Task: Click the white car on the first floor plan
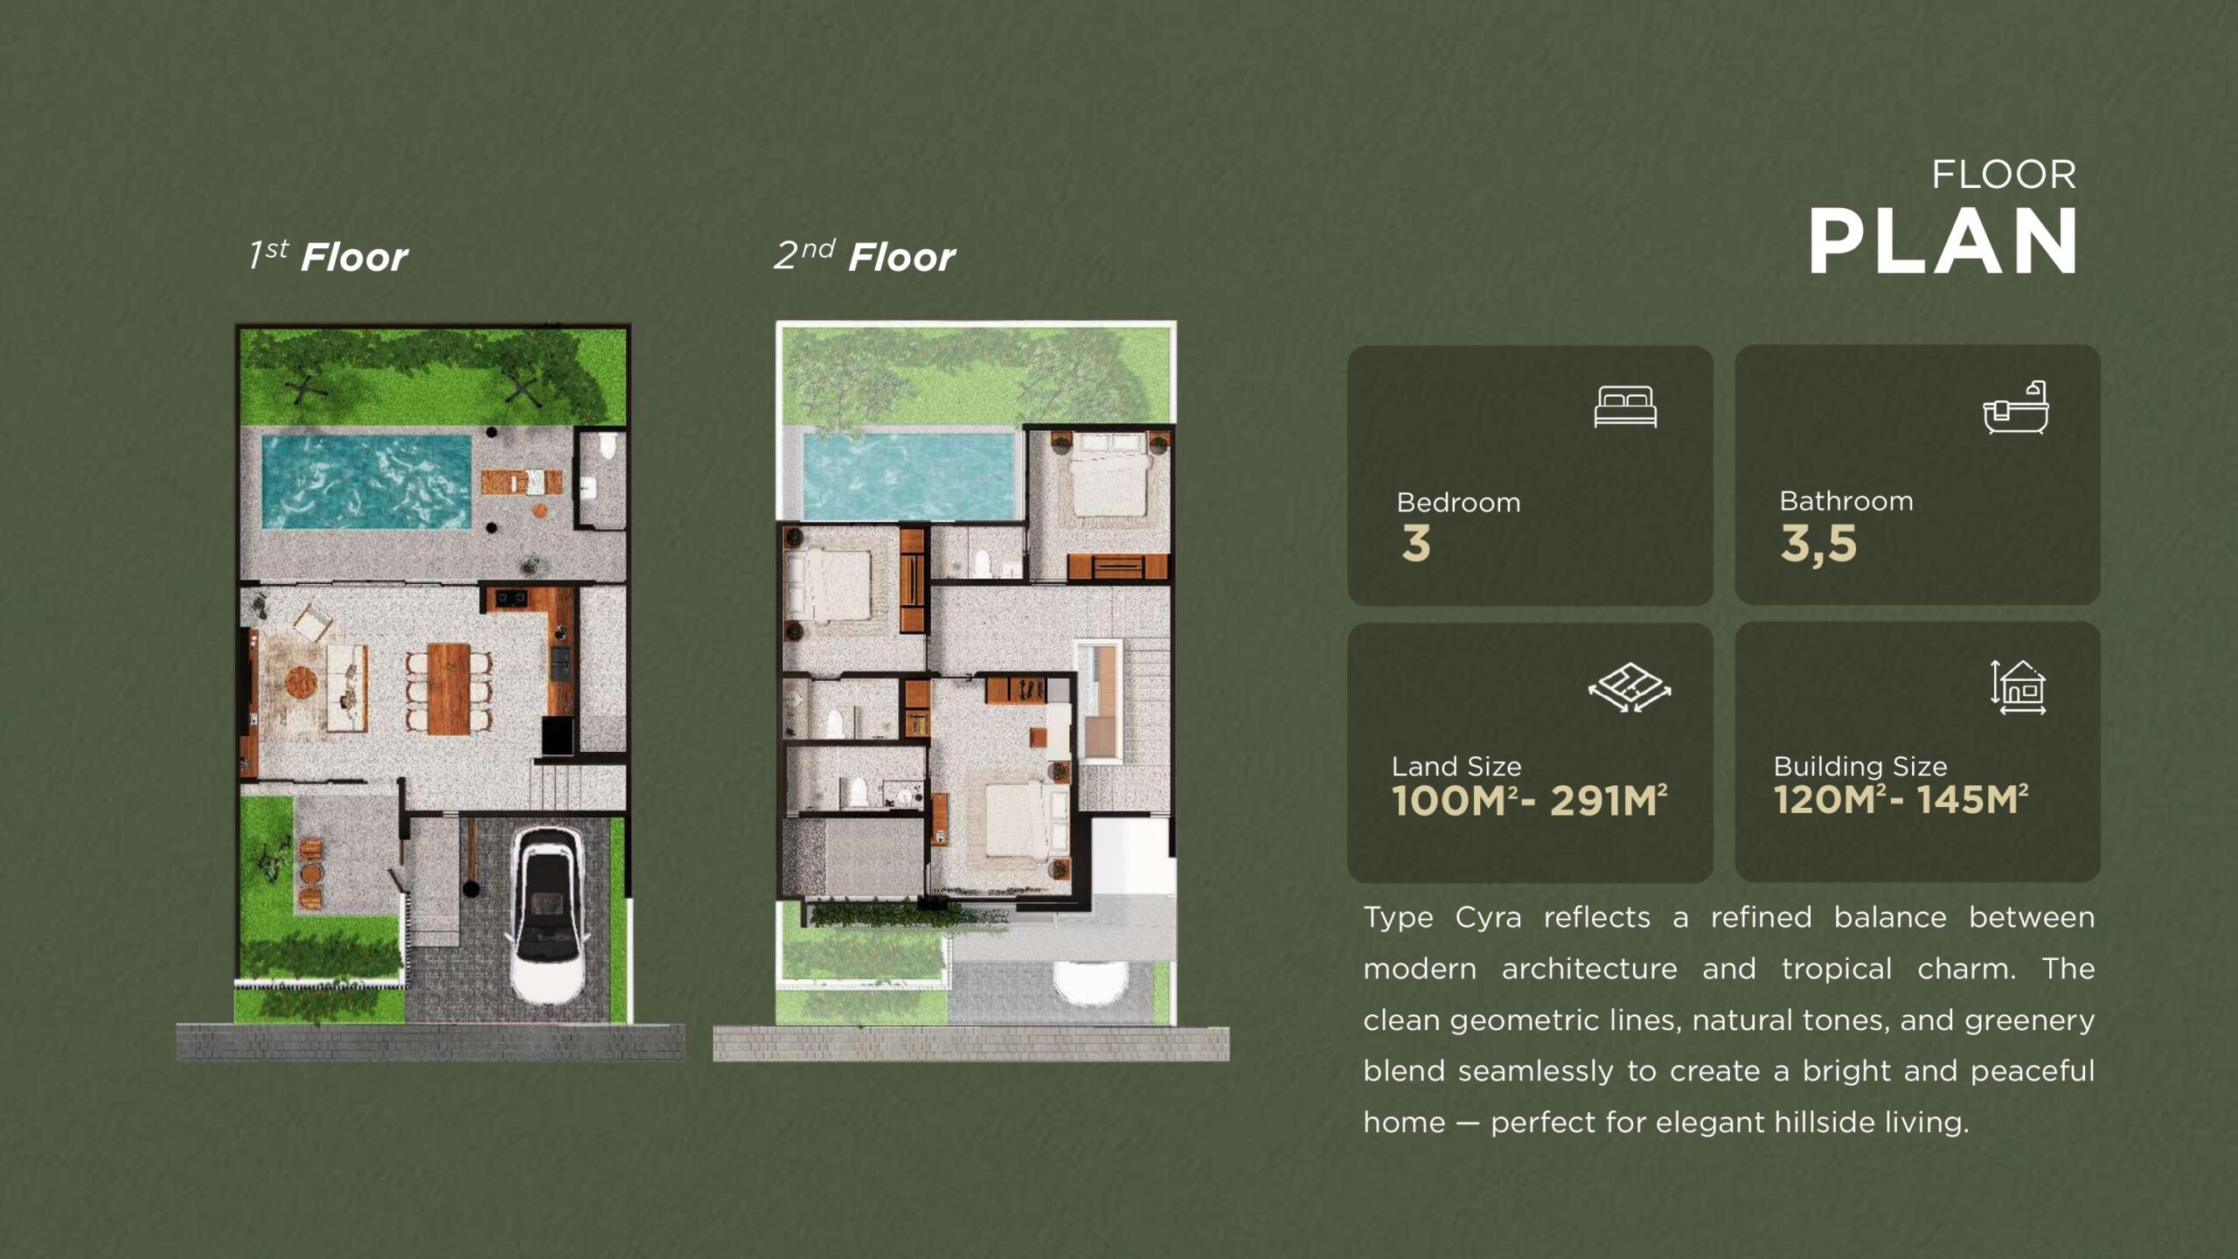click(x=548, y=915)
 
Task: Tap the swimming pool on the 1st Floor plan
click(x=366, y=482)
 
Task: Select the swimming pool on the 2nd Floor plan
click(x=910, y=476)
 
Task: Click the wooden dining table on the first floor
click(x=449, y=688)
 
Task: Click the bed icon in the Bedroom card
click(x=1625, y=407)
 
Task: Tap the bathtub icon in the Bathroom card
click(x=2015, y=407)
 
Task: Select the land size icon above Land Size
click(x=1630, y=688)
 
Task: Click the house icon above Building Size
click(x=2019, y=687)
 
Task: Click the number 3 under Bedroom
click(x=1416, y=544)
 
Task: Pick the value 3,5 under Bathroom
click(x=1818, y=545)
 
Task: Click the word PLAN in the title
click(x=1943, y=242)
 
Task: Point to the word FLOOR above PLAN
click(x=2004, y=175)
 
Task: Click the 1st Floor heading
click(x=328, y=256)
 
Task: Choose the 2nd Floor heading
click(x=865, y=256)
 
